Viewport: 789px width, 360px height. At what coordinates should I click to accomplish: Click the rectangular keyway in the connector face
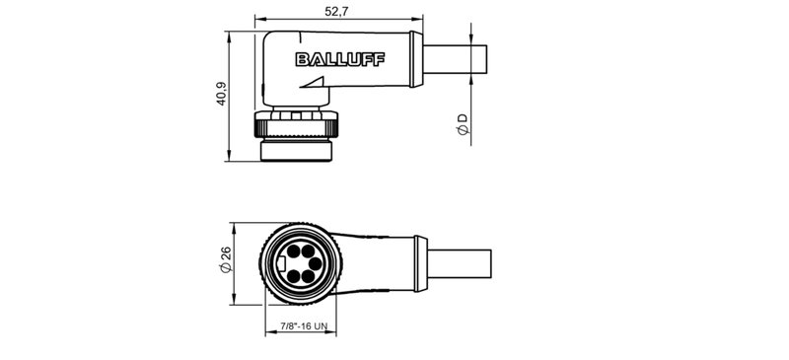(282, 265)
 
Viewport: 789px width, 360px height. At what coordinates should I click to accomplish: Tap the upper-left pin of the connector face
(295, 253)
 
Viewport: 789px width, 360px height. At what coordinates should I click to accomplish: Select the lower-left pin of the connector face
(295, 278)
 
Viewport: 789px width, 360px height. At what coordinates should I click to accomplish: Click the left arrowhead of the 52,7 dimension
(259, 20)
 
